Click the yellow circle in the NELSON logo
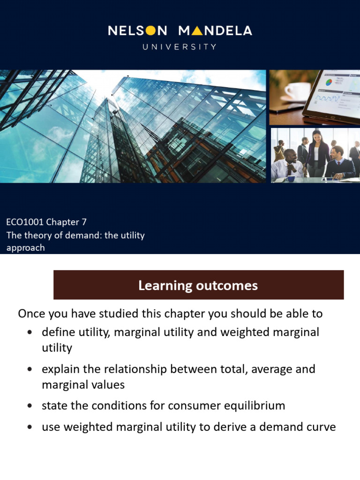click(150, 31)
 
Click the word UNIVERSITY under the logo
click(180, 47)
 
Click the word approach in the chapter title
click(25, 247)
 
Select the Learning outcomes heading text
click(198, 285)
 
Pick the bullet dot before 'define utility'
click(30, 332)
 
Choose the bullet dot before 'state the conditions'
click(30, 405)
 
